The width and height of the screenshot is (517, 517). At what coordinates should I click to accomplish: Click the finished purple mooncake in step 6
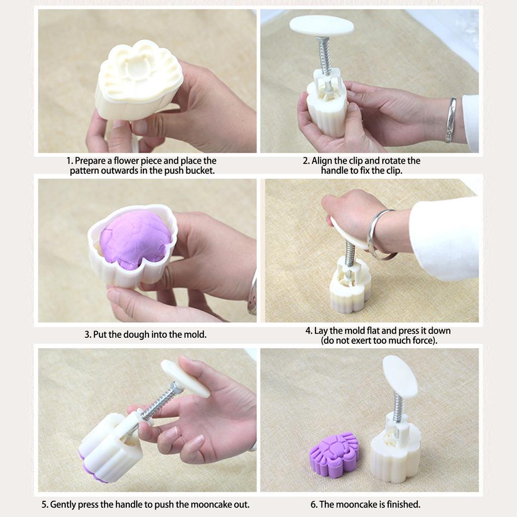pos(334,454)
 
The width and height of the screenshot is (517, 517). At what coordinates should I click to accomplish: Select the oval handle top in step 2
pos(322,25)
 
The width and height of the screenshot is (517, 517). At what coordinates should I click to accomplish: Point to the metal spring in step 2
pos(325,56)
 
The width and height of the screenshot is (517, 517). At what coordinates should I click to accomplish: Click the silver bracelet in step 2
pos(450,120)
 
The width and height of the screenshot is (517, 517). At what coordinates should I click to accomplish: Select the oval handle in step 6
pos(400,376)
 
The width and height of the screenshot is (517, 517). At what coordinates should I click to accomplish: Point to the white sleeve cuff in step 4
pos(444,237)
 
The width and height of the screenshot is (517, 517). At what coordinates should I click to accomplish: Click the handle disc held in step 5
pos(185,378)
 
